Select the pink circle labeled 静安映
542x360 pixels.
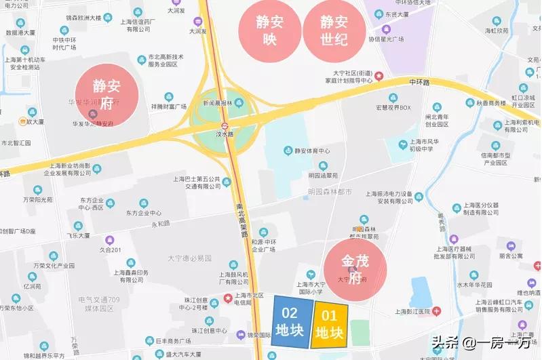pyautogui.click(x=269, y=30)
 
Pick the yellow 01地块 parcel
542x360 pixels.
pyautogui.click(x=330, y=324)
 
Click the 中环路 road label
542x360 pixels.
pyautogui.click(x=420, y=82)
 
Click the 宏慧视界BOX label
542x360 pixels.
pyautogui.click(x=394, y=107)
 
